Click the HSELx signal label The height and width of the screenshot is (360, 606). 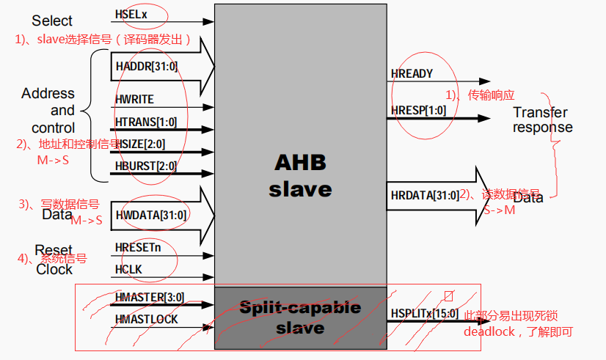pyautogui.click(x=131, y=14)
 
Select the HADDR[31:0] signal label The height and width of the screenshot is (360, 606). pyautogui.click(x=146, y=66)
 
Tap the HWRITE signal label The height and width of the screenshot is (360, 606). pyautogui.click(x=134, y=99)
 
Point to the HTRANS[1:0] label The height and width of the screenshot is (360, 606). pyautogui.click(x=145, y=121)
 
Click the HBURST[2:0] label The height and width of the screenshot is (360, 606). pyautogui.click(x=145, y=166)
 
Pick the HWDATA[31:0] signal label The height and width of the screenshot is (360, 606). pyautogui.click(x=150, y=215)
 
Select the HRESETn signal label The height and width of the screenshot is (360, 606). pyautogui.click(x=138, y=248)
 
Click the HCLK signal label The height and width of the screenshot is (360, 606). pyautogui.click(x=128, y=269)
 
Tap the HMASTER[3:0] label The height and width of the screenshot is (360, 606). pyautogui.click(x=149, y=297)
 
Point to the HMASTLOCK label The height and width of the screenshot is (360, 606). pyautogui.click(x=146, y=320)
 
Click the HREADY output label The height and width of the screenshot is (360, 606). pyautogui.click(x=412, y=73)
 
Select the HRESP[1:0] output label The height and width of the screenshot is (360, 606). pyautogui.click(x=418, y=110)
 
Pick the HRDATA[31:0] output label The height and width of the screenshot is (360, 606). pyautogui.click(x=425, y=195)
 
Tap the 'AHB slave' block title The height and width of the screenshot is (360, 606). pyautogui.click(x=300, y=175)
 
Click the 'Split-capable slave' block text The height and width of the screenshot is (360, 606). pyautogui.click(x=300, y=317)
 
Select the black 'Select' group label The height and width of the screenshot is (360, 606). pyautogui.click(x=52, y=21)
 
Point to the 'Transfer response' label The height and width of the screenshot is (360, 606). pyautogui.click(x=541, y=120)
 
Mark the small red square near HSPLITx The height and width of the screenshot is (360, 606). pyautogui.click(x=449, y=296)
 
